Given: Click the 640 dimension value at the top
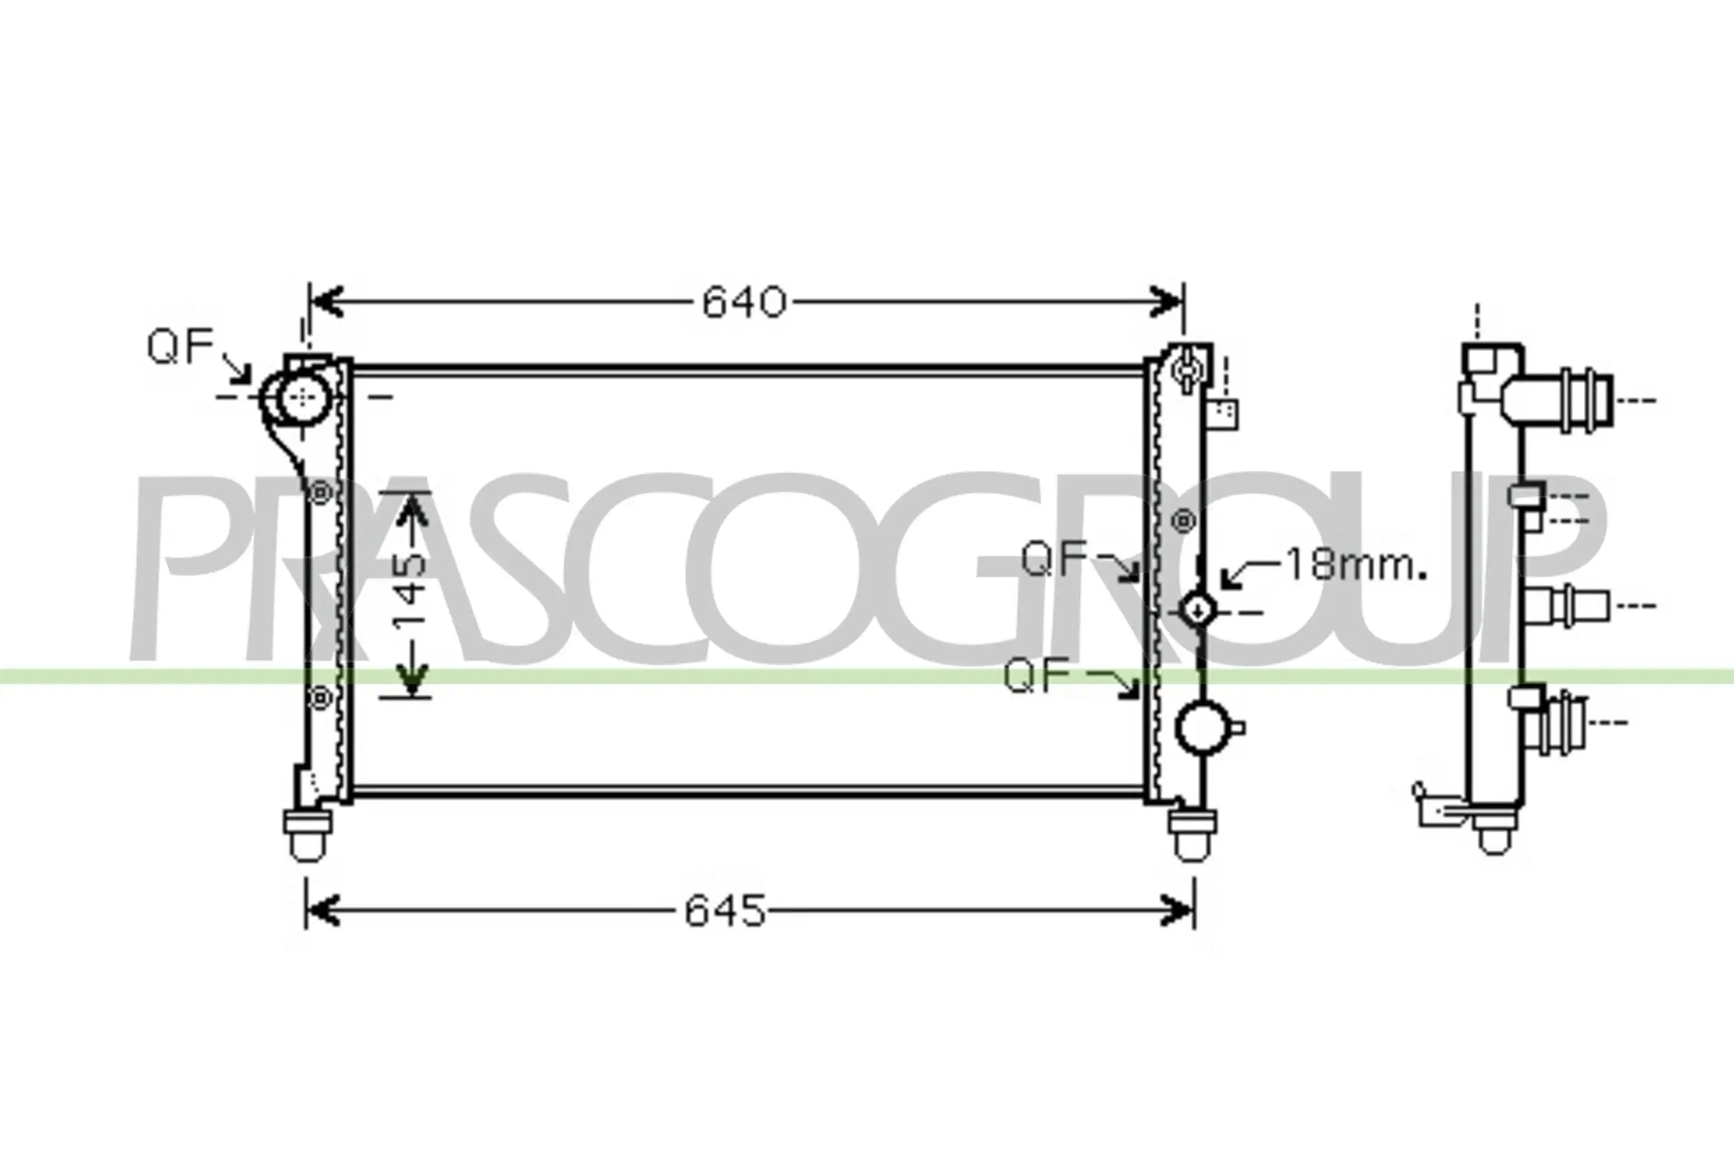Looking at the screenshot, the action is pyautogui.click(x=744, y=302).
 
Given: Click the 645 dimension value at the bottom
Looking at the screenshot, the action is pyautogui.click(x=725, y=910).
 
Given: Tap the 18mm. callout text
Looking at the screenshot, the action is pyautogui.click(x=1356, y=565).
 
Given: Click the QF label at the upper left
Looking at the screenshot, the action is pyautogui.click(x=180, y=346).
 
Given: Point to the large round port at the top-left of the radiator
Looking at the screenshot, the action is pyautogui.click(x=303, y=397).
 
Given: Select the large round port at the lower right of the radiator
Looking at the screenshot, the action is pyautogui.click(x=1202, y=728).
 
